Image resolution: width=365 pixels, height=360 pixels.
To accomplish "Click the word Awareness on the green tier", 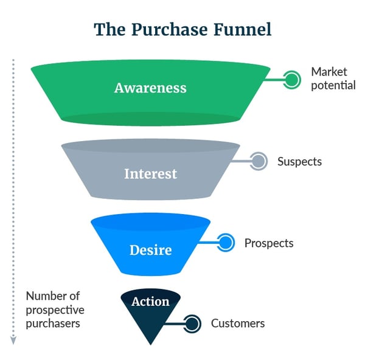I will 150,88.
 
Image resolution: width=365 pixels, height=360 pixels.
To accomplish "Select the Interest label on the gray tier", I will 150,174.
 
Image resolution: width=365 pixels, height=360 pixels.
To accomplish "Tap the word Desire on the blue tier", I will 150,250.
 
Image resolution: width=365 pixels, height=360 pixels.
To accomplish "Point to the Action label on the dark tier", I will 150,302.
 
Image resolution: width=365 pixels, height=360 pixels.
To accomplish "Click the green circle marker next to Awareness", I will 293,78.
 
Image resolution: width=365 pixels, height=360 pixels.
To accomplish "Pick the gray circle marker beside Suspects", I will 259,161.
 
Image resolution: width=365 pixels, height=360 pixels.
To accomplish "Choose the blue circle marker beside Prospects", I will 226,243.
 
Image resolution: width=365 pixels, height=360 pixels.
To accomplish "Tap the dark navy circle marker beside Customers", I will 192,324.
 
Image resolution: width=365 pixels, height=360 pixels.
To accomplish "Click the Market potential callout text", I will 333,78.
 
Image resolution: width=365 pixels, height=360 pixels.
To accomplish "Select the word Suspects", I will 299,162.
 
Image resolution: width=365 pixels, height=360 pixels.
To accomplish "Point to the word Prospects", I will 269,243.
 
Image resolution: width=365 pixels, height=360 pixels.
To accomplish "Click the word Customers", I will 238,324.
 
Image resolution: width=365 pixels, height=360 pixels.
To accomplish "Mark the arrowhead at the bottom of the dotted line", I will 13,342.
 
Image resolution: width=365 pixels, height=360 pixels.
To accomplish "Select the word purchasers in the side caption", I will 53,324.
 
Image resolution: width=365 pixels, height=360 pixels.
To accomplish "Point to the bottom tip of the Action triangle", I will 150,344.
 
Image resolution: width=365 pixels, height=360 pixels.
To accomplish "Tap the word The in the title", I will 106,29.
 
